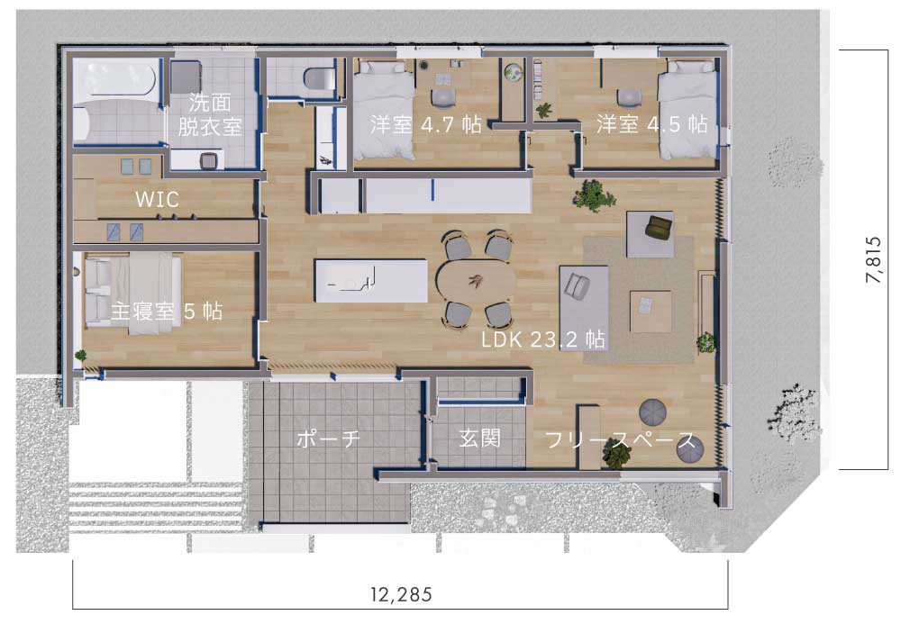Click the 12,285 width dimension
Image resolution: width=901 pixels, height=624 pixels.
tap(401, 594)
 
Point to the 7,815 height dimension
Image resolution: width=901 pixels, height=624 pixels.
tap(873, 259)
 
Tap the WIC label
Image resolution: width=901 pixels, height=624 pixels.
tap(157, 199)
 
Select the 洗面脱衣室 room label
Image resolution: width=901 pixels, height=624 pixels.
tap(210, 114)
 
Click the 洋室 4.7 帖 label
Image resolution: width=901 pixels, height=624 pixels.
tap(426, 124)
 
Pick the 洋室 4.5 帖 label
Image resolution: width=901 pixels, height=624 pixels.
tap(651, 123)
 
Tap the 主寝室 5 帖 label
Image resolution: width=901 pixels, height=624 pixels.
tap(167, 312)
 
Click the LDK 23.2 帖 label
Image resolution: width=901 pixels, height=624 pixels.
tap(543, 339)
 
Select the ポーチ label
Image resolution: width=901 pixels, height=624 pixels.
tap(328, 439)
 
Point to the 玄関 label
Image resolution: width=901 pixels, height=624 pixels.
tap(480, 438)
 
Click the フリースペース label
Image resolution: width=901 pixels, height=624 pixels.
tap(621, 440)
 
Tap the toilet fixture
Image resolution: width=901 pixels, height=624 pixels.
tap(319, 78)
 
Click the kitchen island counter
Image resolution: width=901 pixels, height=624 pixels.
tap(370, 281)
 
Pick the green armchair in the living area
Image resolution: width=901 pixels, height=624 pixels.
tap(660, 226)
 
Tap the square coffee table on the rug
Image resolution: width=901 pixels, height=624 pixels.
tap(651, 312)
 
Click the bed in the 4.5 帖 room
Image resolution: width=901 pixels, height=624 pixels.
tap(687, 109)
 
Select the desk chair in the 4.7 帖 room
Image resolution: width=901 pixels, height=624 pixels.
tap(442, 97)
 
